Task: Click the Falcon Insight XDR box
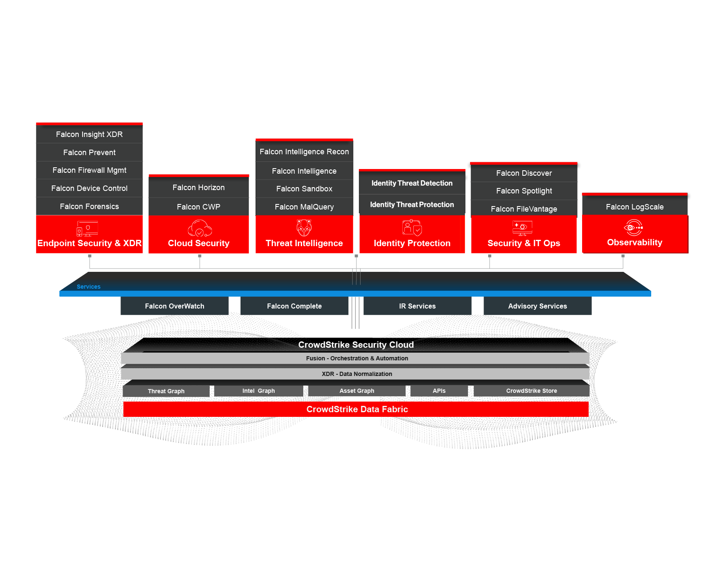89,134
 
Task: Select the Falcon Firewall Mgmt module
89,170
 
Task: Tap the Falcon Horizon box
198,188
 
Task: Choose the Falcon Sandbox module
304,189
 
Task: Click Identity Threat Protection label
412,205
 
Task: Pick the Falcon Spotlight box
524,191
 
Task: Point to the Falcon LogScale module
634,207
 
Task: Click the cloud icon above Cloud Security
199,228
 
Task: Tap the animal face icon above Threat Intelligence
304,228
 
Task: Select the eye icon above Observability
633,228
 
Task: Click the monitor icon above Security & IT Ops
522,228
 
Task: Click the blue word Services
88,287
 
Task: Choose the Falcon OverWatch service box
174,306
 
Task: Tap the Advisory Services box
537,306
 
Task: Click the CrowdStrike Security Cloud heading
356,345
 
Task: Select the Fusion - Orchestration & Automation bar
357,358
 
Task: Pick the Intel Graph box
258,391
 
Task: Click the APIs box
439,391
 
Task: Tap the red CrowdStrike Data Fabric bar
357,409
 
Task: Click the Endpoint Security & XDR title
89,243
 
